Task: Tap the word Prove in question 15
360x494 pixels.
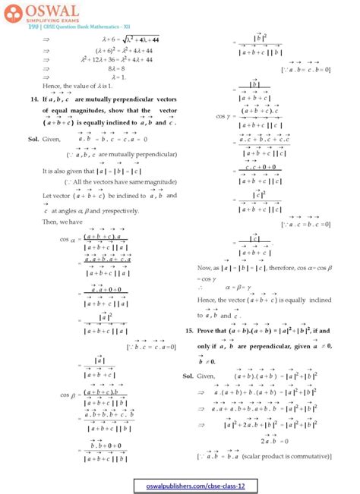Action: [206, 332]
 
